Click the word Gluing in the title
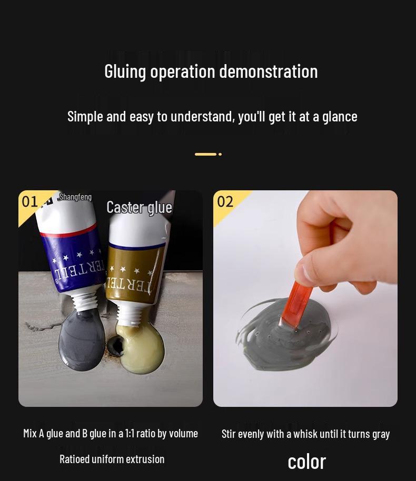click(125, 71)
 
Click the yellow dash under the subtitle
click(205, 154)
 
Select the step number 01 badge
click(30, 201)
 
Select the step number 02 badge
click(225, 201)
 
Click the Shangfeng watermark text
click(75, 197)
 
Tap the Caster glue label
click(139, 207)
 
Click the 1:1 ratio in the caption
click(130, 434)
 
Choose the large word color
click(306, 462)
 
